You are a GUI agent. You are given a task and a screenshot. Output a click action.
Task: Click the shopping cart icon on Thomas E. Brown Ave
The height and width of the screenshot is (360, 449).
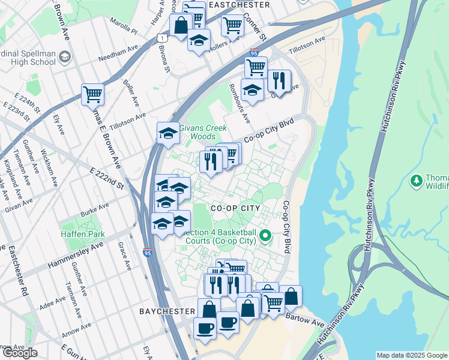pos(92,94)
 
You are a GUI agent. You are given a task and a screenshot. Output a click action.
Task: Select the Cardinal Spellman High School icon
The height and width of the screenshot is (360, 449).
pos(64,58)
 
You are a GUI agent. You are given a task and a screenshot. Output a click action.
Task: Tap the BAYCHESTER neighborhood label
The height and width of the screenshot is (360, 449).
pos(167,311)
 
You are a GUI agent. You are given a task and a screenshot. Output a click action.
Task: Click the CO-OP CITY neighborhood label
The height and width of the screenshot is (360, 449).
pos(235,208)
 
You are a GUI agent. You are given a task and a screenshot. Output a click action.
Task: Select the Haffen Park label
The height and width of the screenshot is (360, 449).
pos(82,234)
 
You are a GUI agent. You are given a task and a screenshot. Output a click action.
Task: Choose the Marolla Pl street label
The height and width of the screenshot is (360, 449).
pos(124,26)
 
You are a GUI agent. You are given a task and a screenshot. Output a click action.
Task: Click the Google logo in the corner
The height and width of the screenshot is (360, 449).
pos(19,353)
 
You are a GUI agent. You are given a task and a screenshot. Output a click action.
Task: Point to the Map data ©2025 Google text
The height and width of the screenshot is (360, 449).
pos(412,355)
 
